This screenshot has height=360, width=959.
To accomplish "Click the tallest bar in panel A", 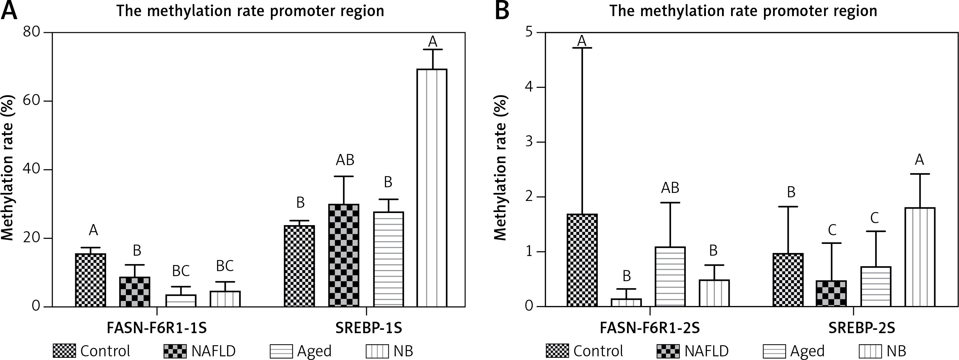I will tap(432, 188).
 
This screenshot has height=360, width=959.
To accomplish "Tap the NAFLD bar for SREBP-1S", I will tap(344, 255).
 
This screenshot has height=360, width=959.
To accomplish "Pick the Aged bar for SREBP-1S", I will tap(388, 259).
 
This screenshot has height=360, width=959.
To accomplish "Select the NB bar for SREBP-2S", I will tap(919, 257).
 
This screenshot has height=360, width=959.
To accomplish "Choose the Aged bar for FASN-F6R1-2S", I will tap(670, 276).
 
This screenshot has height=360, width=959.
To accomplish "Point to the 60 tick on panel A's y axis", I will tap(48, 101).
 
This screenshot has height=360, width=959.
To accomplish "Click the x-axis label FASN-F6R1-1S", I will tap(156, 328).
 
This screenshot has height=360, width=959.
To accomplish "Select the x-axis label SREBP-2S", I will tap(861, 328).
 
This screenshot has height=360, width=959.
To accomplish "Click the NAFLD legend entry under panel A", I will tap(200, 351).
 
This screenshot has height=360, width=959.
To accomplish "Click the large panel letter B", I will tap(502, 11).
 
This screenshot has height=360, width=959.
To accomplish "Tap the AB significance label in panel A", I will tap(345, 160).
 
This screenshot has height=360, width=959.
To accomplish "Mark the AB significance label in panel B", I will tap(670, 188).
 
